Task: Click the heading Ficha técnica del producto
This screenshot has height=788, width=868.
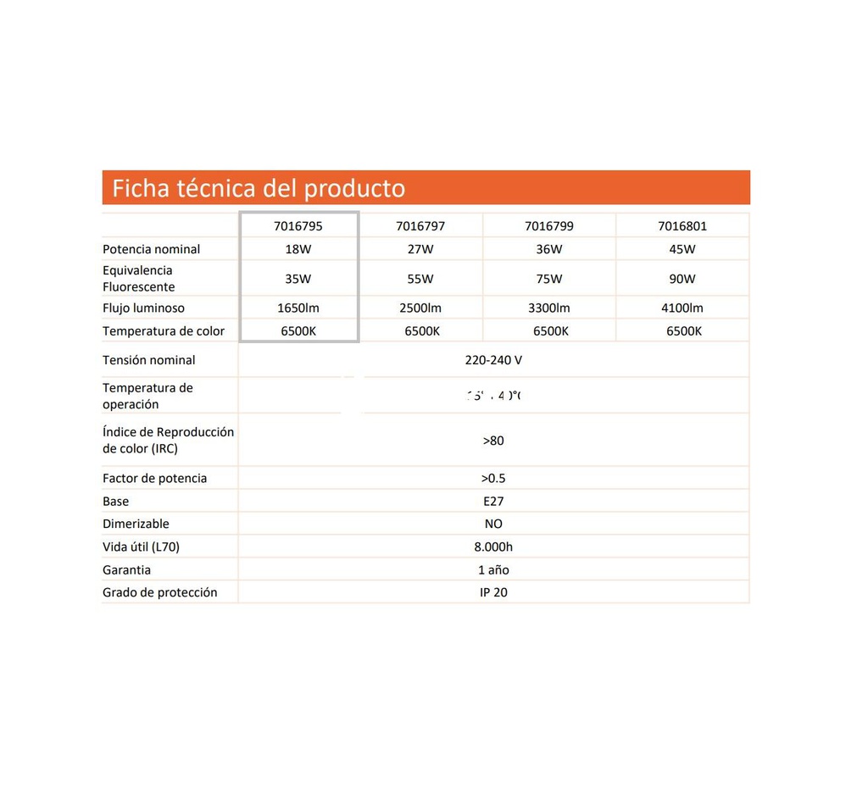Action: point(259,188)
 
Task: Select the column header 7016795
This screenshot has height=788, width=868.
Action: point(298,226)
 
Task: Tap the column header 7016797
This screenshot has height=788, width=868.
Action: point(420,226)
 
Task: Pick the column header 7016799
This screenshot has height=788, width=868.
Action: point(549,226)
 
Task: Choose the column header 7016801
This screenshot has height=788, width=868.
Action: point(682,226)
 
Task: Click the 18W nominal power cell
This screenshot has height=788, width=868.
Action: point(298,249)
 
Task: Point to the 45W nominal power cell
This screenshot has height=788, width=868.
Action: point(682,249)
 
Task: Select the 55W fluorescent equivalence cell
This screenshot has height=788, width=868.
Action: point(420,279)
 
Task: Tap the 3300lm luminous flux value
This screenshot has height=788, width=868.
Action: point(549,308)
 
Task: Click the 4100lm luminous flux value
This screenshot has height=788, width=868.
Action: point(682,308)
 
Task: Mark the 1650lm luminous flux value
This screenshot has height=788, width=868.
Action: point(298,308)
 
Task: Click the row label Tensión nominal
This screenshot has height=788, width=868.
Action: point(149,360)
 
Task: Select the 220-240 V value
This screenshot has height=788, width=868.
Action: point(493,360)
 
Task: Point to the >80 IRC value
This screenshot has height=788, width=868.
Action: point(493,441)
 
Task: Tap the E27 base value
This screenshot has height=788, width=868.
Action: point(493,502)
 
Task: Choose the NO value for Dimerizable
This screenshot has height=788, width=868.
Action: point(493,524)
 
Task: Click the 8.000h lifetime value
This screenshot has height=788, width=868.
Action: point(493,547)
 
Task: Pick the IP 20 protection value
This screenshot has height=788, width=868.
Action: point(493,593)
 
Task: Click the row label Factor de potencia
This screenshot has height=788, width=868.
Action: point(155,479)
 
